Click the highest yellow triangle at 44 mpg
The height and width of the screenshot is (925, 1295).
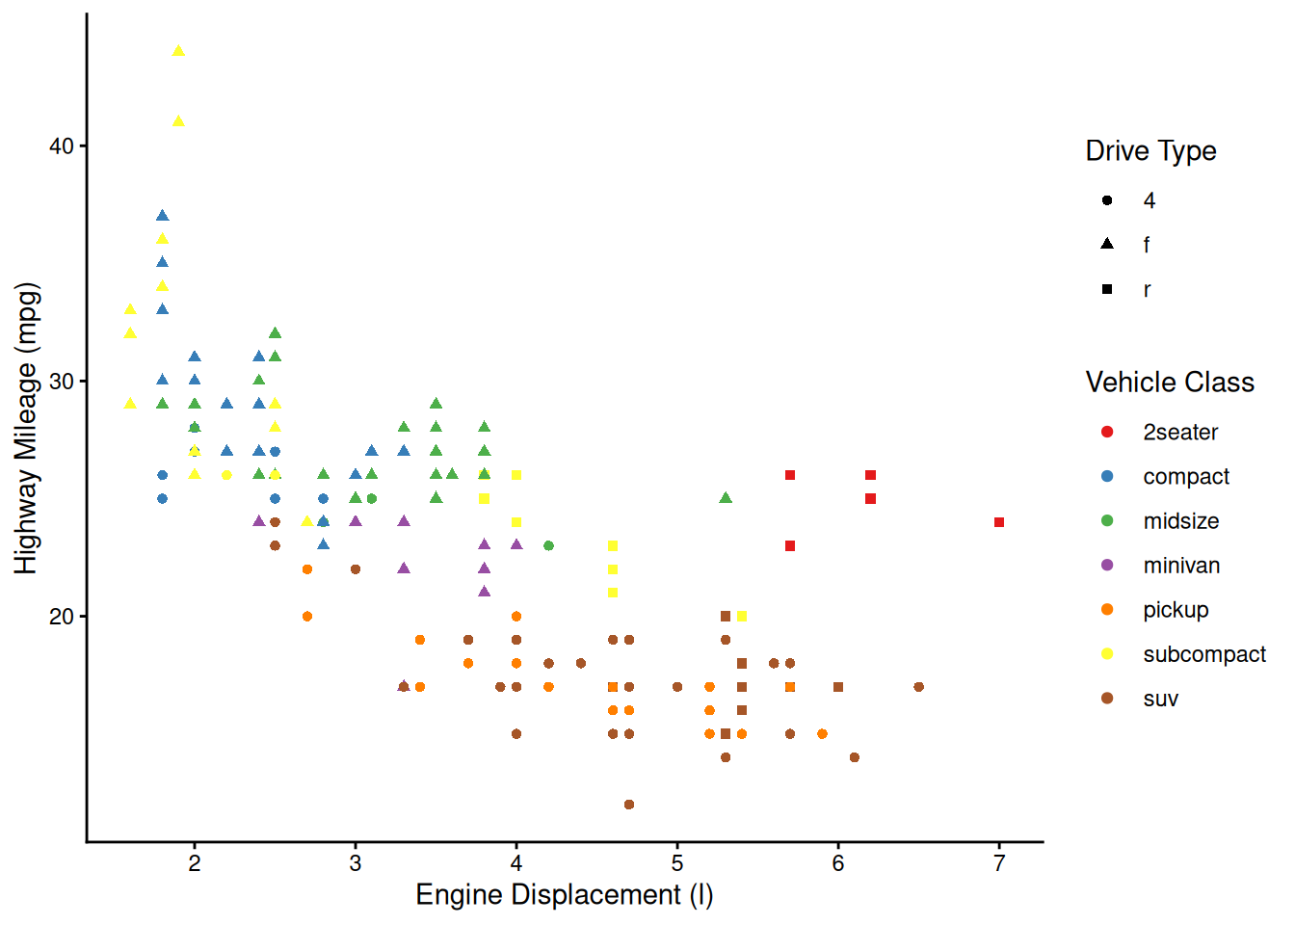[x=178, y=52]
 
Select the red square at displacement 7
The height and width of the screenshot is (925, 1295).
[x=999, y=522]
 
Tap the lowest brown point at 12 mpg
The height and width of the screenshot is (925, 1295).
[x=629, y=805]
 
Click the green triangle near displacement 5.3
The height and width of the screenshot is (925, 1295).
[x=726, y=498]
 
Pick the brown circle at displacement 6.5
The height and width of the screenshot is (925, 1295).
[x=918, y=687]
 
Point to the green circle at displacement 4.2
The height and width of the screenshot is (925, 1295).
[x=548, y=545]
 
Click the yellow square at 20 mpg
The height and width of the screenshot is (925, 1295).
[x=742, y=617]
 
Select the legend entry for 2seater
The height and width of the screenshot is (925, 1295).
[x=1179, y=433]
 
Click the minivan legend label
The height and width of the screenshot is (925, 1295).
[x=1181, y=566]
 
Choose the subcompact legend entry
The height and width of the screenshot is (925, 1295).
[x=1203, y=654]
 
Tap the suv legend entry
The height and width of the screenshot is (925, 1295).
[x=1160, y=699]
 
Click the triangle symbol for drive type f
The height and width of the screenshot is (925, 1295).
[x=1107, y=244]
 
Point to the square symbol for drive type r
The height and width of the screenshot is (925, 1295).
[x=1107, y=289]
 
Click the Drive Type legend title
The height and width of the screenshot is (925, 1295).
[x=1150, y=151]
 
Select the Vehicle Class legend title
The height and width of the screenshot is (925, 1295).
[x=1170, y=383]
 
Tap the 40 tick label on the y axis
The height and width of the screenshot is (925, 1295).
[x=62, y=146]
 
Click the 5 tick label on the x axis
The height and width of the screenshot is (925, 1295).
[x=677, y=863]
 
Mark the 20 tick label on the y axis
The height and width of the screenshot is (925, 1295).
[x=62, y=617]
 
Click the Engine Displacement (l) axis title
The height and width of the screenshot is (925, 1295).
[x=565, y=895]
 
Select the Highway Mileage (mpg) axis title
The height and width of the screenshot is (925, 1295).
[x=26, y=428]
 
